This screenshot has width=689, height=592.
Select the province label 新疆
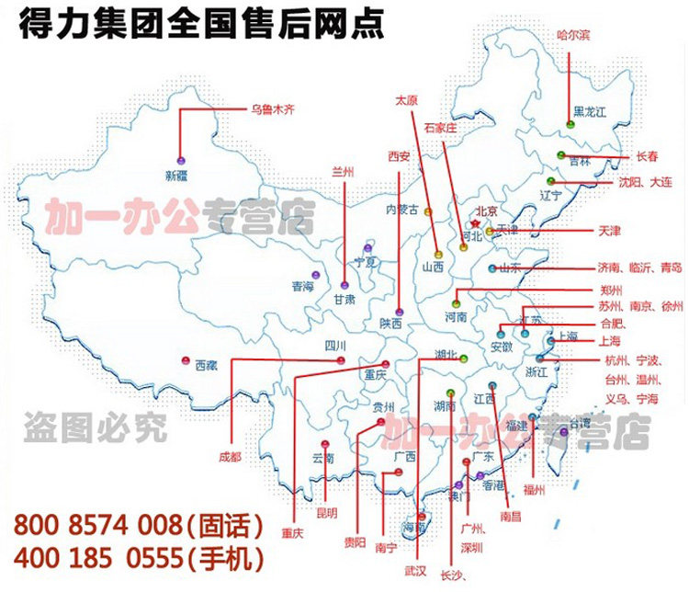point(182,174)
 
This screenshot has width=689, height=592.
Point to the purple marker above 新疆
point(181,157)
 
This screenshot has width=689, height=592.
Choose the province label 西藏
point(207,365)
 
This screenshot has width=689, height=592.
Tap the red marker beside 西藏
point(186,361)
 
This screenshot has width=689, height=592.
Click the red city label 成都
point(231,456)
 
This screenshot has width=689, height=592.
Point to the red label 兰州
point(344,172)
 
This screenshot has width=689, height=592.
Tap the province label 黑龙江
point(591,112)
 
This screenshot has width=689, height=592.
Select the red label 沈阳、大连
point(645,182)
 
